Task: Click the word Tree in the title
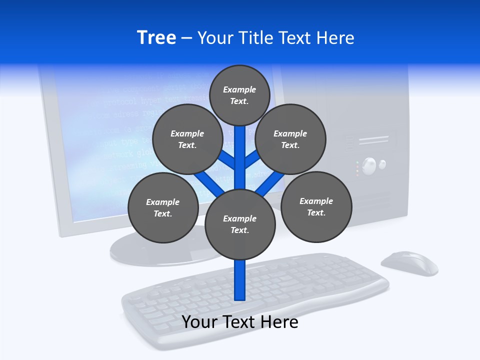coord(156,37)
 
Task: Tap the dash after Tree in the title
coord(186,38)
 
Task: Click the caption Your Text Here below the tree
coord(240,322)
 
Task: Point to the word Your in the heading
coord(216,37)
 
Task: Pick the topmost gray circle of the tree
coord(239,95)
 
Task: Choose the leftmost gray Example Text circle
coord(163,208)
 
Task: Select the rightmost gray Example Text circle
coord(316,207)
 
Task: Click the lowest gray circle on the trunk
coord(240,224)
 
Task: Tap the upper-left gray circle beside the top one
coord(187,139)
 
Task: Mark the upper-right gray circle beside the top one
coord(290,139)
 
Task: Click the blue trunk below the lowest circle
coord(240,280)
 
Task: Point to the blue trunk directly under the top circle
coord(240,150)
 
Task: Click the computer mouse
coord(409,263)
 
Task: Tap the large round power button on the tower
coord(369,165)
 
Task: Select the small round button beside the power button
coord(382,164)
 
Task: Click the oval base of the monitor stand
coord(150,250)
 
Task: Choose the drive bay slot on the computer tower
coord(374,140)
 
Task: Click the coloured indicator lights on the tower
coord(357,168)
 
